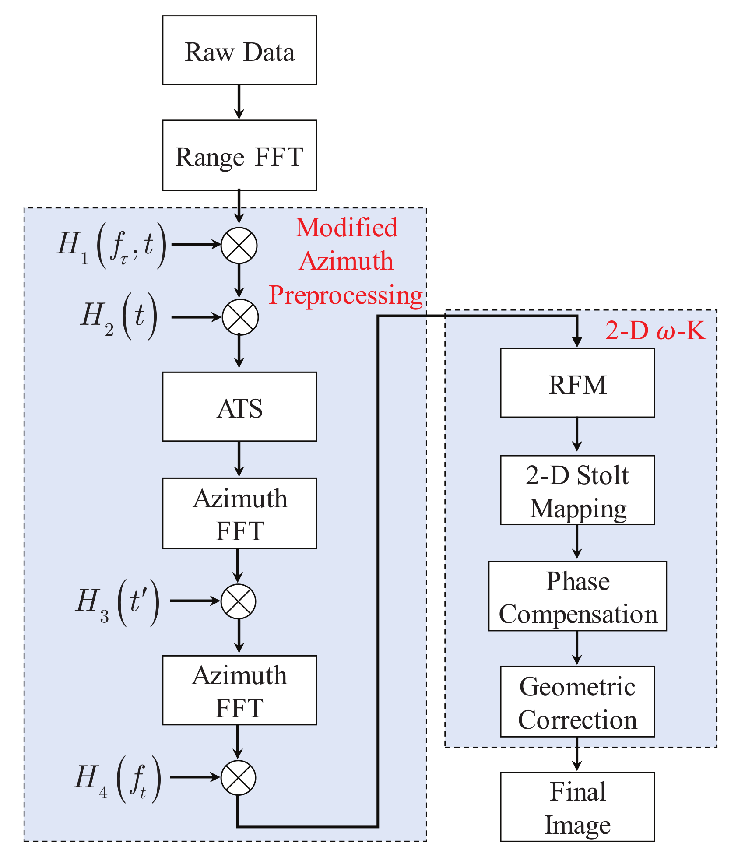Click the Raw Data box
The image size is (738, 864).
click(239, 50)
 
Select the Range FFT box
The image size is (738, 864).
click(239, 155)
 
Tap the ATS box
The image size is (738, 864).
click(239, 407)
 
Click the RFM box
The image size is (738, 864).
click(577, 383)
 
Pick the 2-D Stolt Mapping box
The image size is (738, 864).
click(577, 490)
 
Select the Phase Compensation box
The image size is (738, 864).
click(577, 596)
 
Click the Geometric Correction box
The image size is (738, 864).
click(577, 702)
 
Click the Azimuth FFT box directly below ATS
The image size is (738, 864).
click(239, 513)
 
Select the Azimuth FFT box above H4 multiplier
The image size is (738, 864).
click(239, 690)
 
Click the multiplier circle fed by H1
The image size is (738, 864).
click(239, 246)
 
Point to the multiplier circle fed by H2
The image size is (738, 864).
click(240, 317)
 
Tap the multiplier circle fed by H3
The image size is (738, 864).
click(238, 601)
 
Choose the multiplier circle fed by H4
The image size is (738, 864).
click(238, 778)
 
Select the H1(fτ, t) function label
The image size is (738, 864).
click(112, 245)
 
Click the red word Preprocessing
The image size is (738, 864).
click(346, 295)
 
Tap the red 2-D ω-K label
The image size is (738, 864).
click(655, 330)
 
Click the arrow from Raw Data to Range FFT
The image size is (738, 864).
click(239, 102)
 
